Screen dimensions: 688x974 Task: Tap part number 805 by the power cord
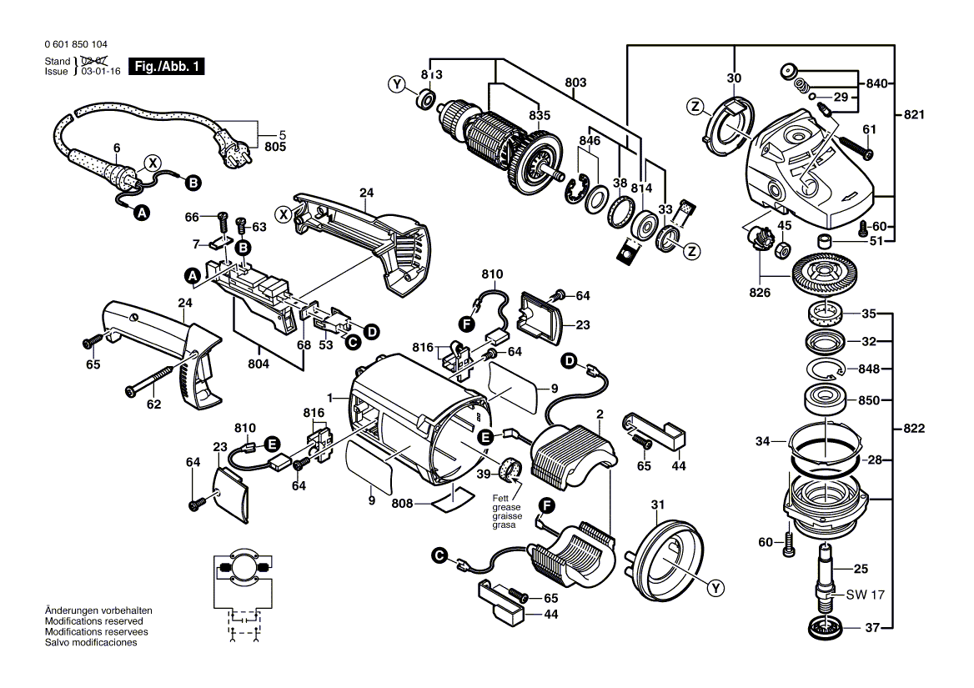click(x=275, y=147)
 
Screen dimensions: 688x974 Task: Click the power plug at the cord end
click(x=235, y=151)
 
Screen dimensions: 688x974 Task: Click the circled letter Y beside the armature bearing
click(x=398, y=83)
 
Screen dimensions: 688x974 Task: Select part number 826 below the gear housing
click(x=761, y=293)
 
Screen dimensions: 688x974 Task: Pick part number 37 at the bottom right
click(x=871, y=628)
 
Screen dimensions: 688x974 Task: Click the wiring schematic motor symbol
click(x=242, y=566)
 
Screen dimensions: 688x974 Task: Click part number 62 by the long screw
click(x=153, y=404)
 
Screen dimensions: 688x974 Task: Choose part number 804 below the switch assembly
click(x=259, y=364)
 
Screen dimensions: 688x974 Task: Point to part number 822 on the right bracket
click(x=915, y=429)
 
